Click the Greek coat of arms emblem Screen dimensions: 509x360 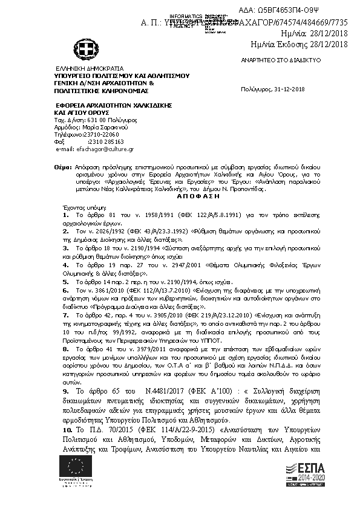coord(83,47)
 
